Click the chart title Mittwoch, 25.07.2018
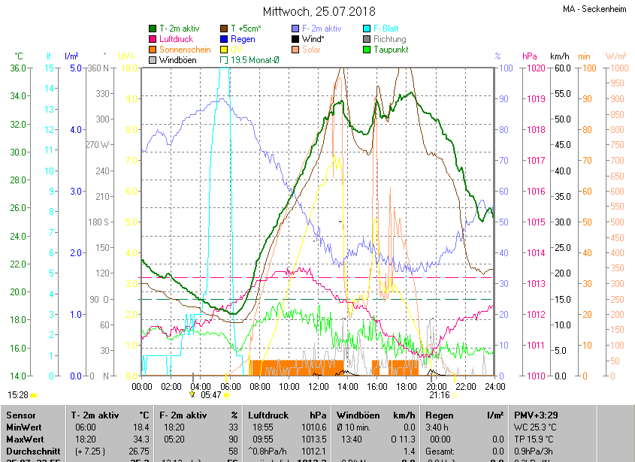coord(319,11)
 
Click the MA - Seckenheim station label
coord(596,9)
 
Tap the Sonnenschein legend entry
coord(185,49)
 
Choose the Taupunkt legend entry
coord(391,49)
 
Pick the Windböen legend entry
coord(177,59)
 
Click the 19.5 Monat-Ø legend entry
coord(254,59)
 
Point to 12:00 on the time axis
coord(318,386)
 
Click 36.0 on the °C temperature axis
coord(18,68)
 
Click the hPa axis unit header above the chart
coord(528,56)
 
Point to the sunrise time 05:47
coord(211,394)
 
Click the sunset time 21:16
coord(440,394)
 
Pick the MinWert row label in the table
coord(24,427)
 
